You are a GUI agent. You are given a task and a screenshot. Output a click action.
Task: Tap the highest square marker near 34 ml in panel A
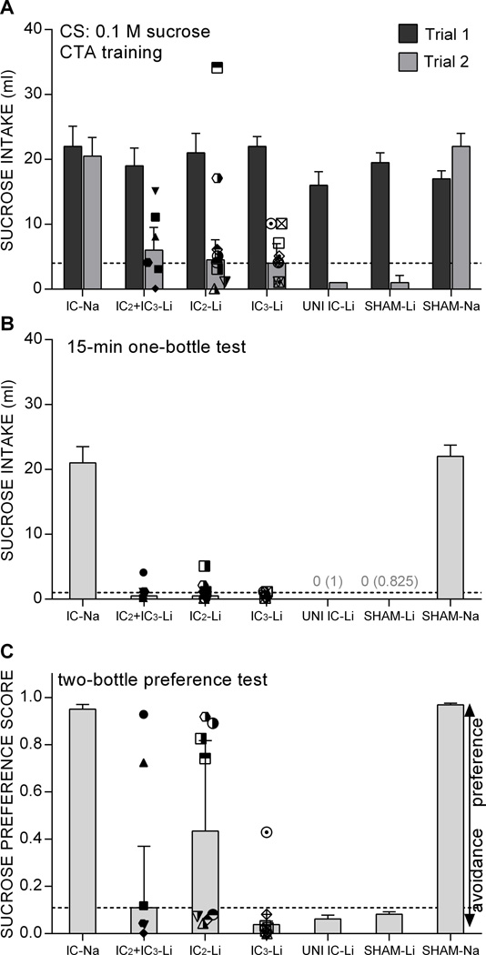pos(218,67)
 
